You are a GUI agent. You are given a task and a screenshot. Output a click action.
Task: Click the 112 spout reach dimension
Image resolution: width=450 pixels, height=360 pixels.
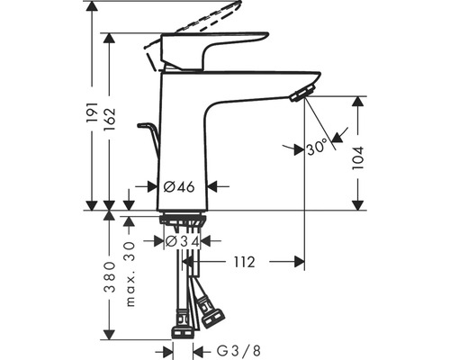(245, 262)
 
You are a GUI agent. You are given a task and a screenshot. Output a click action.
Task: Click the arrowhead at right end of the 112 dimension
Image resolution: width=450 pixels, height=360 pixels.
(301, 262)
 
